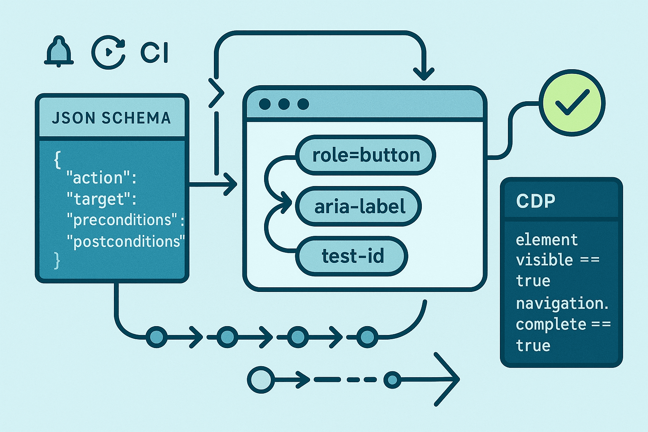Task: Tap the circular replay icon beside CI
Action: coord(108,52)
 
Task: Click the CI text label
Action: coord(154,53)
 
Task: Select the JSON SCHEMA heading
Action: coord(111,118)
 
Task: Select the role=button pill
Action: coord(366,155)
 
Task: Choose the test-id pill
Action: coord(352,256)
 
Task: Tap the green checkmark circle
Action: coord(572,103)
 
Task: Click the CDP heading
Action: coord(536,201)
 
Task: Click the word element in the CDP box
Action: coord(547,240)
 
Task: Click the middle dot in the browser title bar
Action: coord(284,104)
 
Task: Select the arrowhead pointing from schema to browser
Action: coord(231,184)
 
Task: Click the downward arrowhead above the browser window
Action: coord(424,73)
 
